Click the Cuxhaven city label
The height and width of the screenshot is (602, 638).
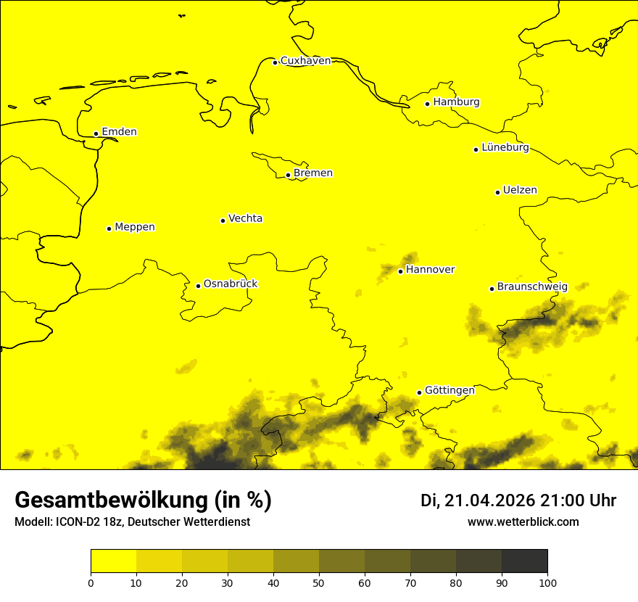pos(305,61)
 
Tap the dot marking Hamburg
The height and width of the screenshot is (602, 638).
pos(428,104)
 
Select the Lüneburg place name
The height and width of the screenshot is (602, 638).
pos(505,148)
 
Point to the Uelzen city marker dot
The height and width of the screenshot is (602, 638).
pos(498,192)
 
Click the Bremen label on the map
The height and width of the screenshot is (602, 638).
pos(313,173)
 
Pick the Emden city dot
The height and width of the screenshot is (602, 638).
pos(96,133)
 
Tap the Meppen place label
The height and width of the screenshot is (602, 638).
pos(135,227)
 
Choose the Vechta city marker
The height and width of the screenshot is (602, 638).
pos(223,220)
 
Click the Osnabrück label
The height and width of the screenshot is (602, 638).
pos(231,284)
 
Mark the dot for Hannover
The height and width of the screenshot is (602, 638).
pos(400,271)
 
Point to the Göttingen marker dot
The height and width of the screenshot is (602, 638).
pos(419,392)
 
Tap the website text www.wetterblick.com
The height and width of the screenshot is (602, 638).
pos(523,521)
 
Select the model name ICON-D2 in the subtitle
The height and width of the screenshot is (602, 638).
pos(76,522)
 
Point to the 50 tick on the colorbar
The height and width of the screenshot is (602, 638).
pos(319,582)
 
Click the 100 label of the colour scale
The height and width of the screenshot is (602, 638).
pos(547,582)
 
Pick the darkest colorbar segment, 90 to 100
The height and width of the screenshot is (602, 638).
pos(524,561)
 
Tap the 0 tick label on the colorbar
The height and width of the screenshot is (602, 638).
pos(91,582)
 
